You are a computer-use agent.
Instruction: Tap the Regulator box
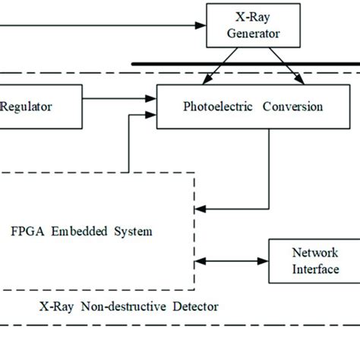pyautogui.click(x=38, y=106)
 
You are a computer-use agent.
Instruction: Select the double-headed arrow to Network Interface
pyautogui.click(x=232, y=261)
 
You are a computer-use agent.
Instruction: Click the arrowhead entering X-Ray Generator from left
pyautogui.click(x=202, y=25)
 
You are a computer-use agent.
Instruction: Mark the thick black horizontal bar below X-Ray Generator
pyautogui.click(x=243, y=65)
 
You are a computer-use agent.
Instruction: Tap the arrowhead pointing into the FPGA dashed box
pyautogui.click(x=200, y=207)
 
